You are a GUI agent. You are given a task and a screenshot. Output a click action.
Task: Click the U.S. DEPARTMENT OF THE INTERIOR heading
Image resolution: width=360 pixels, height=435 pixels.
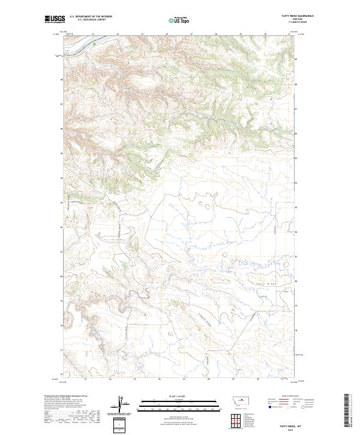coord(91,16)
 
